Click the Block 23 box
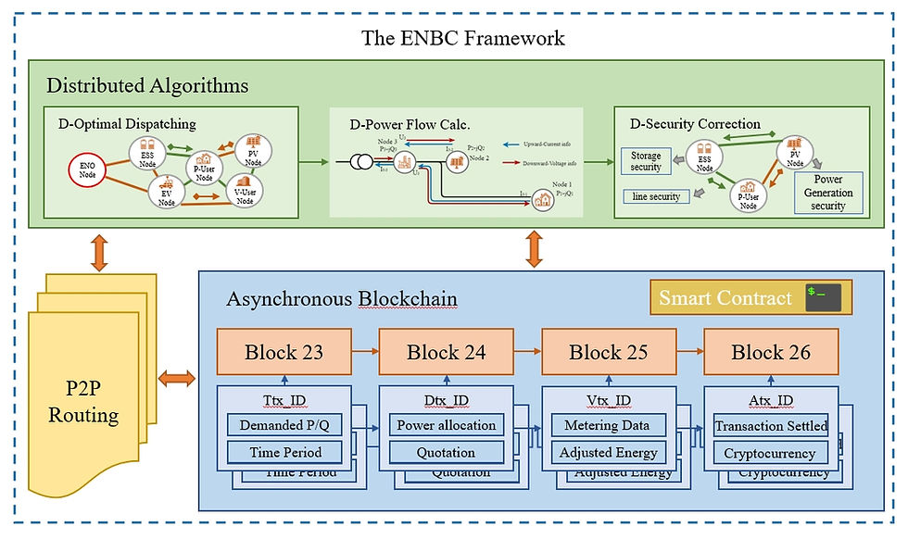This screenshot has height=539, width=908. point(284,352)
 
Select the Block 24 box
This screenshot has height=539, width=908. point(447,352)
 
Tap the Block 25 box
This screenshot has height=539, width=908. point(609,352)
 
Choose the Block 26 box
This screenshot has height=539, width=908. point(771,352)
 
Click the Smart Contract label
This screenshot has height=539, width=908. point(725,298)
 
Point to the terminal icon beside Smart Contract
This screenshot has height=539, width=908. point(826,298)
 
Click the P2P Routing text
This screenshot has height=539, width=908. point(83,400)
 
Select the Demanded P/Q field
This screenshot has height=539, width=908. point(284,426)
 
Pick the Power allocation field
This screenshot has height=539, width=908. point(447,426)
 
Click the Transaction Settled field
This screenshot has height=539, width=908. point(771,426)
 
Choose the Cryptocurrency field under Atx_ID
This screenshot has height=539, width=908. point(771,454)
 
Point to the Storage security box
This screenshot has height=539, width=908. point(646,161)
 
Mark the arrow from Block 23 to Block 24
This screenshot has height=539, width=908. point(365,352)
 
